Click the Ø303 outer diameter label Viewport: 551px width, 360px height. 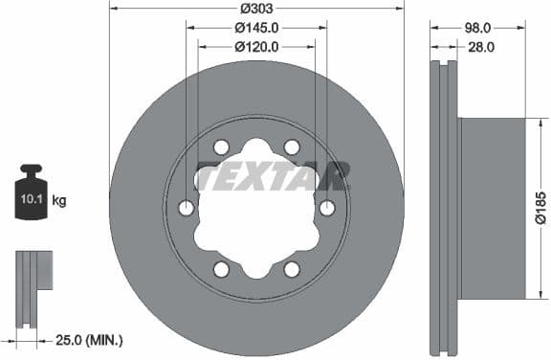click(257, 8)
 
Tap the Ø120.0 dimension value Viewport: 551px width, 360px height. click(257, 45)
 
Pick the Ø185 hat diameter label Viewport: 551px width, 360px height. click(540, 208)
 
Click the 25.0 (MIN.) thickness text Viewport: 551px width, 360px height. click(85, 340)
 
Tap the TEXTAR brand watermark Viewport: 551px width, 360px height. click(272, 176)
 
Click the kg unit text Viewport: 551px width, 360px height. click(59, 201)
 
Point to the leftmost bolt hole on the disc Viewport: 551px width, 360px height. click(187, 209)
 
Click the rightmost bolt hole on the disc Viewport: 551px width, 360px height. click(327, 209)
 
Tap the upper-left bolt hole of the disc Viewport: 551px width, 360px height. click(222, 147)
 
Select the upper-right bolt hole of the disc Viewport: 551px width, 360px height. click(292, 147)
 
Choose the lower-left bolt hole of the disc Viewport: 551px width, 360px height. click(222, 269)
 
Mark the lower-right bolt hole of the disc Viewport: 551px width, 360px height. click(292, 269)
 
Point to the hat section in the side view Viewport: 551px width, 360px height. click(492, 208)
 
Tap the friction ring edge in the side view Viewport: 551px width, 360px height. click(445, 208)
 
